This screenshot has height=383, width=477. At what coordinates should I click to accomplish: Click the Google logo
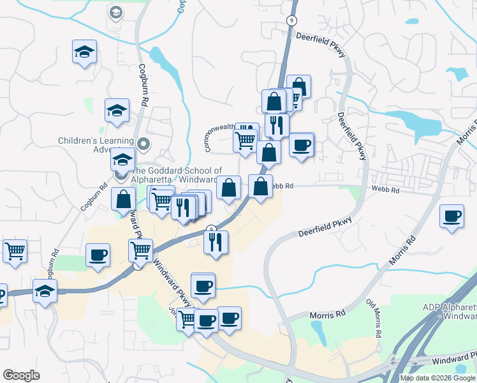tap(21, 375)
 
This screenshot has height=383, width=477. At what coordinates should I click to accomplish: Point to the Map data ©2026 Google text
tap(437, 378)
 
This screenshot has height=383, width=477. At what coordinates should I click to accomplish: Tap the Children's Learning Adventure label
tap(96, 145)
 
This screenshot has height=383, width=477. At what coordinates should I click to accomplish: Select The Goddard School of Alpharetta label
tap(176, 175)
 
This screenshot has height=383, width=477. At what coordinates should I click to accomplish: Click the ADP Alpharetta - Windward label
tap(449, 312)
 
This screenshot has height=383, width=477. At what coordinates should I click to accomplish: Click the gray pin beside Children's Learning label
tap(143, 144)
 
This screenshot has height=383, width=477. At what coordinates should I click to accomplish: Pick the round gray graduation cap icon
tap(115, 12)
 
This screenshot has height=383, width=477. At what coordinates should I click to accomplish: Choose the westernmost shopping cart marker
tap(15, 250)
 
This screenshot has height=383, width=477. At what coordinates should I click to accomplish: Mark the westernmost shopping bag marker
tap(122, 200)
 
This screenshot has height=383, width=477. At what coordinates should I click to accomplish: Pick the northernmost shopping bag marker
tap(298, 87)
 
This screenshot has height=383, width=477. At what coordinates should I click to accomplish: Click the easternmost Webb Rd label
tap(386, 190)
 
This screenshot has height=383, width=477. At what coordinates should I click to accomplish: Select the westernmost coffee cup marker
tap(98, 255)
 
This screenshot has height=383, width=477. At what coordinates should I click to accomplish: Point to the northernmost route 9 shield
tap(291, 20)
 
